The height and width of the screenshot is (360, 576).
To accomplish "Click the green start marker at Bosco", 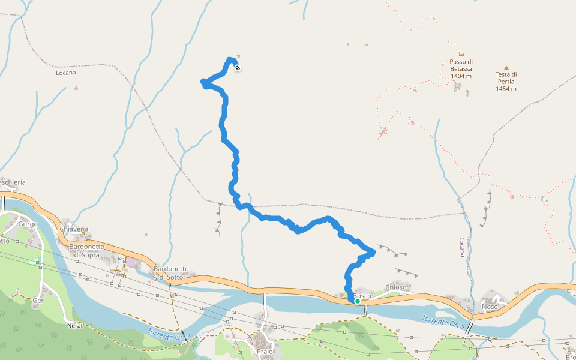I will point(358,301).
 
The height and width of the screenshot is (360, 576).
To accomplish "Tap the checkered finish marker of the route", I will point(238,68).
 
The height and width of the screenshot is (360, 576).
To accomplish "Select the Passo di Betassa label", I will point(461,65).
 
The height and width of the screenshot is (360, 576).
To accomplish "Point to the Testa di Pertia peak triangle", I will point(506,67).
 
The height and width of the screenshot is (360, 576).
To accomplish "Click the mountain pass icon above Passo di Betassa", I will point(461,55).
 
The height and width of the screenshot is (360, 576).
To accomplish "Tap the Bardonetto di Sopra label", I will point(88,251).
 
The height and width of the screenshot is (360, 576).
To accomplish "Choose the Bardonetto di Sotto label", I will point(172,272).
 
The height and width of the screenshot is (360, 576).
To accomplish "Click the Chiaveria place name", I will point(74,229).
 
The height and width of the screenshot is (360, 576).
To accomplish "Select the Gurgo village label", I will point(28,224).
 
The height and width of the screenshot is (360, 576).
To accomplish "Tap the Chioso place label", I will point(397,287).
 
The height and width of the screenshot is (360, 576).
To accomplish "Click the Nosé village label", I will point(490,307).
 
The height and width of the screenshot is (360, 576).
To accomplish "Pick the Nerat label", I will point(75,326).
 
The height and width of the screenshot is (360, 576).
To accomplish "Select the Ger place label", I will point(38,300).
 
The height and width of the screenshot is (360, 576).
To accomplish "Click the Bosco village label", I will point(362,296).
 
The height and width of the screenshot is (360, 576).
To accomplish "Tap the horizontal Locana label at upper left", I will point(66,73).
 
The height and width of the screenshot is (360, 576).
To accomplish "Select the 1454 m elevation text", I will point(506,89).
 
